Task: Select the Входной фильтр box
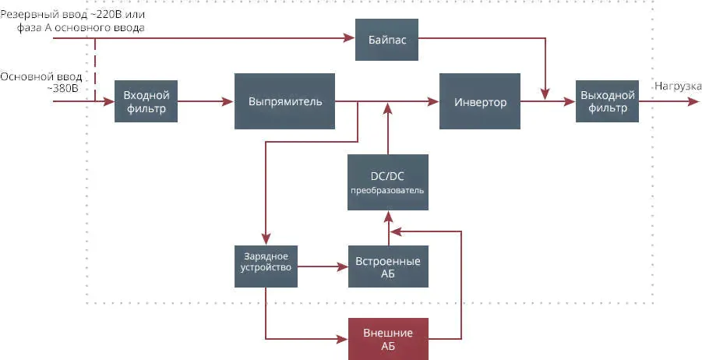coord(146,101)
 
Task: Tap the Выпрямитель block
coord(284,101)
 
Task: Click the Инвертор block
coord(480,101)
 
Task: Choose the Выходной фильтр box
coord(607,101)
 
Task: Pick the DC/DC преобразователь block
coord(386,182)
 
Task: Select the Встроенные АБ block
coord(387,266)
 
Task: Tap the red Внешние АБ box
coord(387,339)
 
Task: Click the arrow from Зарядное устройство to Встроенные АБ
coord(322,266)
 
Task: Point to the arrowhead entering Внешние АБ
coord(342,339)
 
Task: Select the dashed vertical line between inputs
coord(95,69)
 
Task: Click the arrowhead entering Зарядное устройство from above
coord(266,240)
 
